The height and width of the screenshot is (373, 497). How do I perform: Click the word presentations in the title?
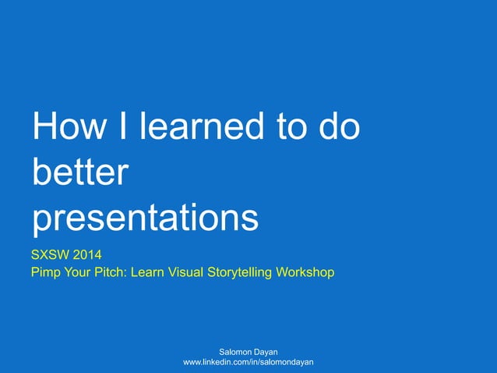coord(145,219)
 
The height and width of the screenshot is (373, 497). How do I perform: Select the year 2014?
coord(87,254)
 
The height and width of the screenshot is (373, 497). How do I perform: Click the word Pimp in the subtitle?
coord(46,272)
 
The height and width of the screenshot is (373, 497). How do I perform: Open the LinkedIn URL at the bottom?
coord(248,364)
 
